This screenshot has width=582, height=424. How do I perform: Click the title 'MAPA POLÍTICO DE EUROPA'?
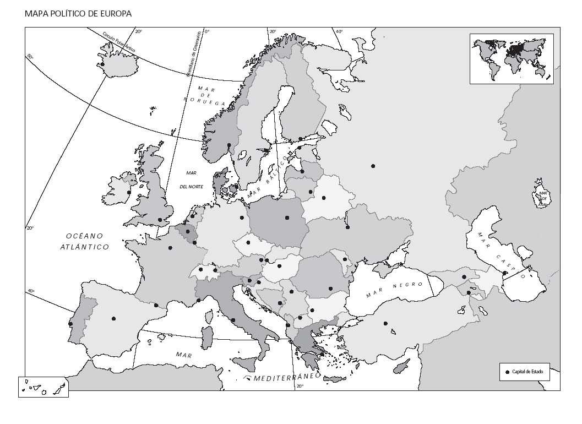click(x=78, y=14)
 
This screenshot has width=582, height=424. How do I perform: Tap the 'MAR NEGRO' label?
click(x=395, y=290)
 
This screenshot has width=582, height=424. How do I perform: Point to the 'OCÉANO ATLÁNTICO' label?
click(x=84, y=241)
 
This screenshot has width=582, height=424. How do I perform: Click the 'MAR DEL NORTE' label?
click(x=191, y=180)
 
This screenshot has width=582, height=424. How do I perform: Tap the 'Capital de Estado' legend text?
click(x=527, y=372)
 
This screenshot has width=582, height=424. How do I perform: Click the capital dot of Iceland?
click(x=102, y=64)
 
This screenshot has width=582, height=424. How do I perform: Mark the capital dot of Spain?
click(x=113, y=318)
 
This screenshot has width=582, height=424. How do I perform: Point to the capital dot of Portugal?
click(x=70, y=324)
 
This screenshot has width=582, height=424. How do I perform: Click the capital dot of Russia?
click(x=373, y=166)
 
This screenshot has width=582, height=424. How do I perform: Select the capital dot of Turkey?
click(x=385, y=323)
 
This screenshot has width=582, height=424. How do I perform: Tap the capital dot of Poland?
click(x=287, y=218)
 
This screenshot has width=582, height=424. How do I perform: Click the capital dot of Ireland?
click(x=129, y=192)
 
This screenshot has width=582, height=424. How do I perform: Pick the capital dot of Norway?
click(x=229, y=145)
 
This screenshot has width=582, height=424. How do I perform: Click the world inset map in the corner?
click(x=512, y=58)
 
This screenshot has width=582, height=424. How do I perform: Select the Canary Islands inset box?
click(x=43, y=387)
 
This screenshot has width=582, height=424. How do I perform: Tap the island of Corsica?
click(x=209, y=316)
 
